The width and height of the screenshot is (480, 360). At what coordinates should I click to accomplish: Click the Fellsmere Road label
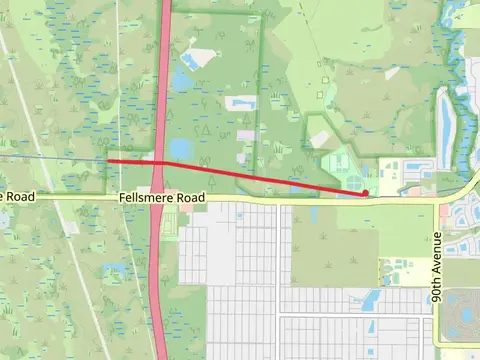tap(162, 198)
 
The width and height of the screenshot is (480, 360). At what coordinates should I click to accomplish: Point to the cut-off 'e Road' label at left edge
tap(17, 197)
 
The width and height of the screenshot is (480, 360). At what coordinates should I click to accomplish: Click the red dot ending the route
tap(366, 192)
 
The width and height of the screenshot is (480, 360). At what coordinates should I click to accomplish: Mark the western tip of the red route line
tap(108, 160)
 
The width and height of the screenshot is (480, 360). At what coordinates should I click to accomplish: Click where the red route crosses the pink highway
tap(159, 161)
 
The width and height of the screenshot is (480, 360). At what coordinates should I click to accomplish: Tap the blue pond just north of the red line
tap(181, 149)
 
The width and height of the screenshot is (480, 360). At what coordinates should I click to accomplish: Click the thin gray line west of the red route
tap(50, 157)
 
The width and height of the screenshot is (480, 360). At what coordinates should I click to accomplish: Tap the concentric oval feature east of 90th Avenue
tap(462, 309)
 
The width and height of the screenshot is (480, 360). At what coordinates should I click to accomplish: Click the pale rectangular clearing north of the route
tap(241, 103)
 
